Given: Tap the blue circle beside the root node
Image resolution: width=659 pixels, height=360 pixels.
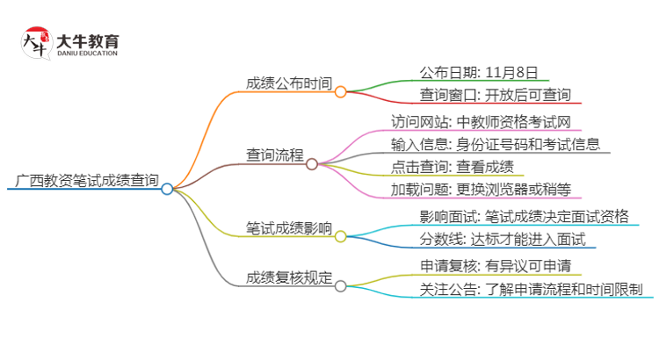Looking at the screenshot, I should (x=167, y=188).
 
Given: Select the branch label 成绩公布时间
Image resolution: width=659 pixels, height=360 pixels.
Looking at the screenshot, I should (x=289, y=84).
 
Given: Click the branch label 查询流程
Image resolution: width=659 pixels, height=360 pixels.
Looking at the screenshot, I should (x=275, y=155).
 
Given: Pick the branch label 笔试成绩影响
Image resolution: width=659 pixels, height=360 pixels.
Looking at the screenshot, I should (x=289, y=229).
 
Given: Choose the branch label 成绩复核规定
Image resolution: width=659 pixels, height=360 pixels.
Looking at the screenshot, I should (x=289, y=278).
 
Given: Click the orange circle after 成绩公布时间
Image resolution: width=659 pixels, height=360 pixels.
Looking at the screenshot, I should (x=340, y=90).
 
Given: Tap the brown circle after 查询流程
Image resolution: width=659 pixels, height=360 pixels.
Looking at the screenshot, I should (x=312, y=163).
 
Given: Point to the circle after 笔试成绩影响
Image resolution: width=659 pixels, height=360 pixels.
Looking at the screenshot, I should (x=340, y=236).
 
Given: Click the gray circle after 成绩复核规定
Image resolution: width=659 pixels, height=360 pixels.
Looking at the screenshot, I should (x=340, y=285).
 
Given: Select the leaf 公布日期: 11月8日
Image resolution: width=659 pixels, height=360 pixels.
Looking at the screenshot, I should (x=478, y=72).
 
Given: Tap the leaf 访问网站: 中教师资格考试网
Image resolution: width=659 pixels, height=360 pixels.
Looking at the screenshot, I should (x=483, y=121).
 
